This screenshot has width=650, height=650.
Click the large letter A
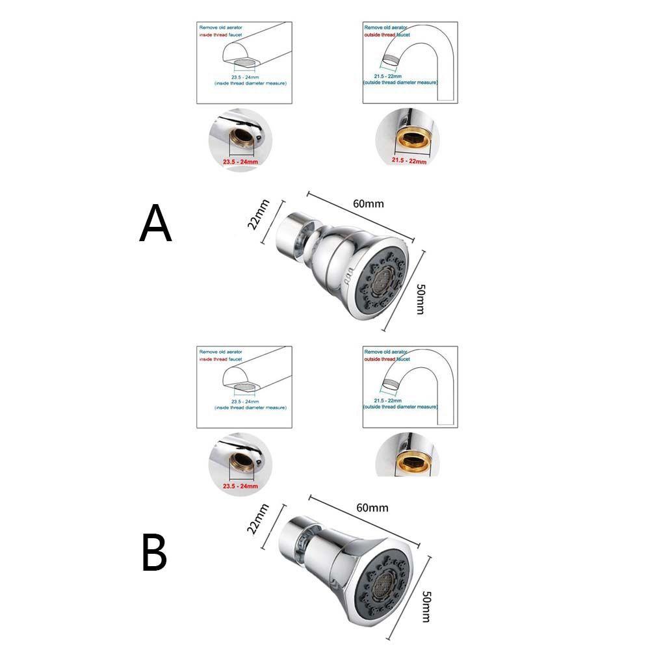point(156,223)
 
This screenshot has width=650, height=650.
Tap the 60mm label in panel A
point(368,203)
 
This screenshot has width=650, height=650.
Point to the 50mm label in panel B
point(427,606)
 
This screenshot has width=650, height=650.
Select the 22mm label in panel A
point(254,214)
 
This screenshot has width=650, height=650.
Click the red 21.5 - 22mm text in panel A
point(408,159)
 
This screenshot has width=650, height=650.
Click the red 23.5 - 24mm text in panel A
point(240,159)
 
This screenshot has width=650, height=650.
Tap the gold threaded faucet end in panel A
point(408,138)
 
